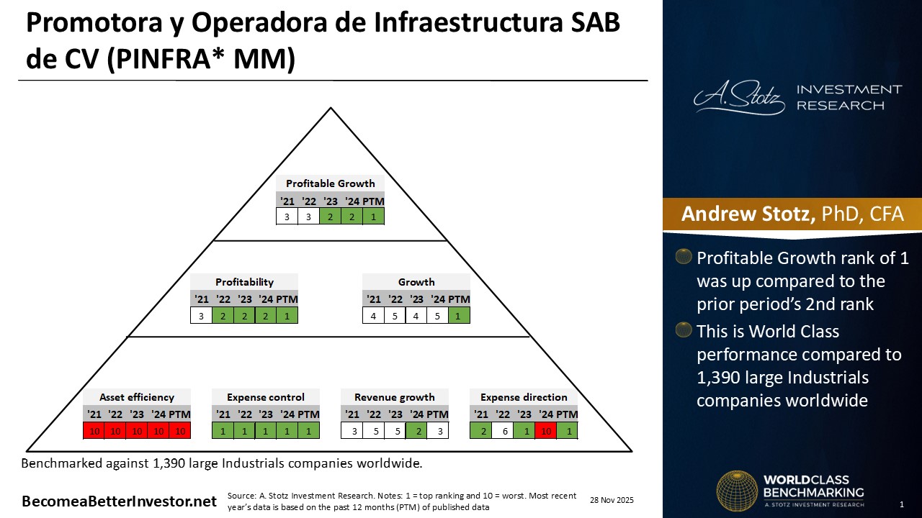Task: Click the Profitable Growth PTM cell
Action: point(373,217)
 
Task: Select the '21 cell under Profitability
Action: point(201,316)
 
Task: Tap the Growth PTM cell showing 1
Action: point(459,316)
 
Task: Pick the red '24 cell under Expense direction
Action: point(546,431)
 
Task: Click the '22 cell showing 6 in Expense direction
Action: point(503,431)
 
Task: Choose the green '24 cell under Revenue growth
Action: point(416,431)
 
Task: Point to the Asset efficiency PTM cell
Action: point(180,431)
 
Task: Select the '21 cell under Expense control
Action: point(223,431)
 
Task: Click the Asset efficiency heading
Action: point(137,397)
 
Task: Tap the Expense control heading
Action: point(266,397)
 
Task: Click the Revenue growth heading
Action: point(394,397)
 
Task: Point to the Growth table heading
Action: point(416,282)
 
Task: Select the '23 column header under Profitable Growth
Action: point(330,201)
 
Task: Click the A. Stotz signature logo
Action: point(739,97)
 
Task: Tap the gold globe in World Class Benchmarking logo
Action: point(737,491)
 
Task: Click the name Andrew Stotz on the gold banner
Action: point(748,214)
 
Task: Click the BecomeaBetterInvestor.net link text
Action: point(119,501)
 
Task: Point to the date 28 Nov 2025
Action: point(612,500)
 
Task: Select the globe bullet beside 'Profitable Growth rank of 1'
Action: point(684,256)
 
